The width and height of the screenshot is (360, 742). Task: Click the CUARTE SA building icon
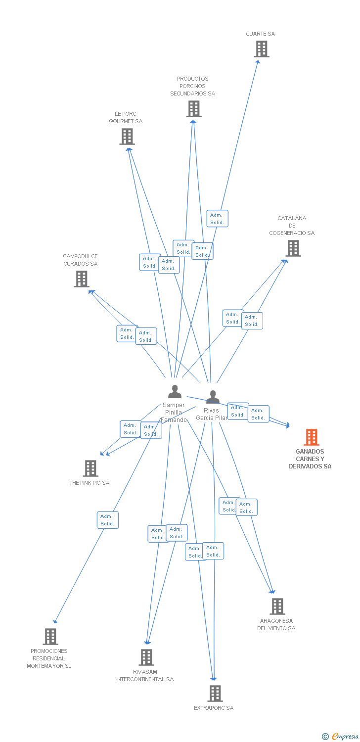[x=262, y=49]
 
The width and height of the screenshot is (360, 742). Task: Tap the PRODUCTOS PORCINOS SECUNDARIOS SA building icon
[x=194, y=109]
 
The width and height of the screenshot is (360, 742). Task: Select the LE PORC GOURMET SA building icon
[x=127, y=137]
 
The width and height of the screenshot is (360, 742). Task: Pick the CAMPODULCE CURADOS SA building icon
[x=82, y=279]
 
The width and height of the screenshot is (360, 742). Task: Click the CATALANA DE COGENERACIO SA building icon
[x=293, y=248]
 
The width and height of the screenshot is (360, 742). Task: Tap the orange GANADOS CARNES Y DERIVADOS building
[x=311, y=437]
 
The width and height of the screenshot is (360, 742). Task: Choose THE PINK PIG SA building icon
[x=90, y=468]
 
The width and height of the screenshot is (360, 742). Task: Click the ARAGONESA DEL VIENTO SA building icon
[x=277, y=606]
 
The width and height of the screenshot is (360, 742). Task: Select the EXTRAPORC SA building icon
[x=215, y=694]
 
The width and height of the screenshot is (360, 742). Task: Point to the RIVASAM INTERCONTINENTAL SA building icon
[x=146, y=657]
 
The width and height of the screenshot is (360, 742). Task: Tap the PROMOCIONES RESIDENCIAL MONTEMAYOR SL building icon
[x=50, y=637]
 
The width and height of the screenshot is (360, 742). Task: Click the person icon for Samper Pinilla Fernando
[x=175, y=392]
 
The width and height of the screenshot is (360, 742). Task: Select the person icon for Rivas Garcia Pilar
[x=213, y=397]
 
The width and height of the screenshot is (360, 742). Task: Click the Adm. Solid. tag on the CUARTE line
[x=217, y=219]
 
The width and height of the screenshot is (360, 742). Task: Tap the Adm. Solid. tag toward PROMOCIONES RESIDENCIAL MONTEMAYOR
[x=107, y=520]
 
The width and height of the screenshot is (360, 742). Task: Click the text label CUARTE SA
[x=261, y=34]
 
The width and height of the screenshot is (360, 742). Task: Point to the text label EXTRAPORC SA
[x=214, y=708]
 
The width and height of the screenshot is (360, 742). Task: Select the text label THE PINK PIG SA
[x=90, y=483]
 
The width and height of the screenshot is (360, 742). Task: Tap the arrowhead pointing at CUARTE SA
[x=258, y=62]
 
